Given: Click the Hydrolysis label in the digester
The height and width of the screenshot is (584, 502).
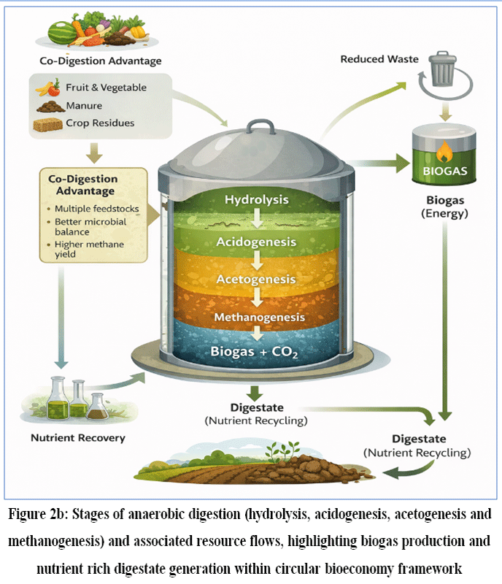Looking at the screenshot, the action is [x=256, y=200].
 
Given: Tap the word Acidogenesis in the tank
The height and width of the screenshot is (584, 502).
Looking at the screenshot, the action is [x=256, y=242].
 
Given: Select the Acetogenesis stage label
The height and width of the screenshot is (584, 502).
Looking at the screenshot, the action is [x=256, y=280].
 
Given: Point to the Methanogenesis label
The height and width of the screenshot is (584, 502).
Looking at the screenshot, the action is [x=259, y=317].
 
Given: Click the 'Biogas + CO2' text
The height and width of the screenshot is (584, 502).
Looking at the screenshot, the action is [x=254, y=352].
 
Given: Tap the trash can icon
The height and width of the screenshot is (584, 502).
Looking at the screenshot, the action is [x=442, y=69].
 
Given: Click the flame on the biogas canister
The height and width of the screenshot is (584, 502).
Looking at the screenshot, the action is [x=444, y=152].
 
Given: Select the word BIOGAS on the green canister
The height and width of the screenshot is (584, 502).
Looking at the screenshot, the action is [x=444, y=171].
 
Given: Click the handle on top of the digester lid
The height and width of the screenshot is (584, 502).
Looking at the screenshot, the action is [x=260, y=126].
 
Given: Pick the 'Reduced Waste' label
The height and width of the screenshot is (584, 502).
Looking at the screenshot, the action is [x=379, y=59].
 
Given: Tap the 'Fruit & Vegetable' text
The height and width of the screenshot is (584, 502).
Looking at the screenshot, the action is [x=106, y=88].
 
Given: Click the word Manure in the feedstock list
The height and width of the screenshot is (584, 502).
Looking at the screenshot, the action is [x=84, y=106].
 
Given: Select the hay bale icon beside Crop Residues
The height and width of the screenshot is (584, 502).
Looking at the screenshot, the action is [x=47, y=125].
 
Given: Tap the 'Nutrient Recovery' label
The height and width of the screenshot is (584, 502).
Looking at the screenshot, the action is [x=78, y=438].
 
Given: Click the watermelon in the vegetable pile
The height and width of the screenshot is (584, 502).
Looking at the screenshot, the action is [x=63, y=33].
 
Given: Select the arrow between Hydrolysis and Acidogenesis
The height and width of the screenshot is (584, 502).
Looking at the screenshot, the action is [x=257, y=218].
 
